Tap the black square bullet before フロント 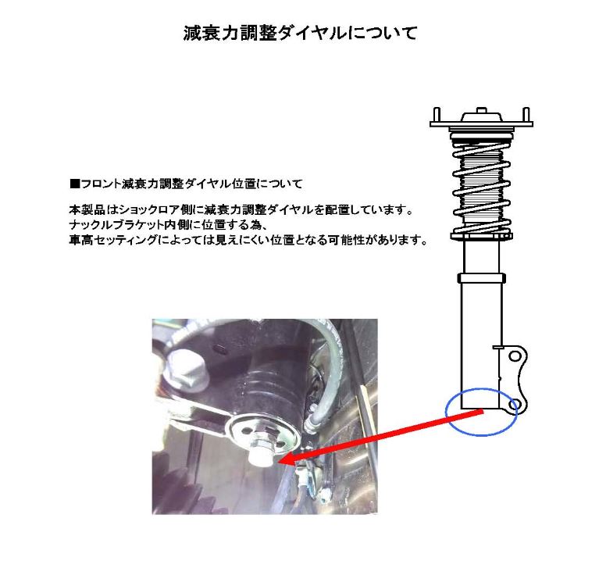click(x=74, y=184)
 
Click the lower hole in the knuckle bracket click(x=514, y=403)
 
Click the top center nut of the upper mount click(x=480, y=110)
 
